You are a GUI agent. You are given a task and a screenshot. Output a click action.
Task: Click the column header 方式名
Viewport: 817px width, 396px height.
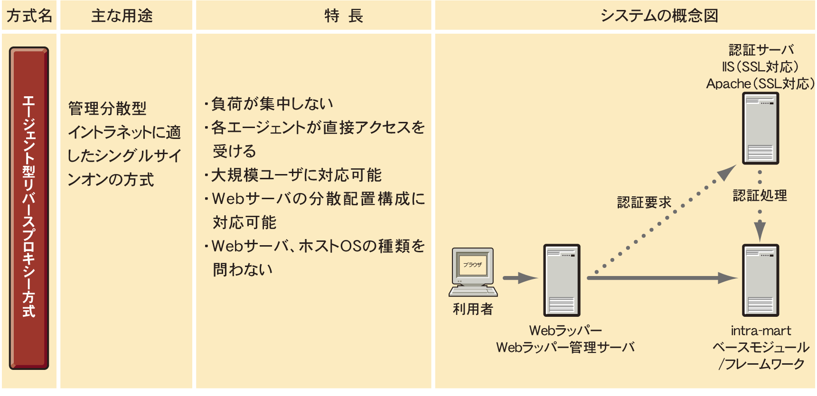(x=29, y=16)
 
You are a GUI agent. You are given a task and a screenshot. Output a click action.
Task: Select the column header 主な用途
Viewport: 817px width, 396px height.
(x=122, y=16)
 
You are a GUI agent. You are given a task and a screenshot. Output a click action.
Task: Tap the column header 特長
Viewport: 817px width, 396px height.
(x=344, y=16)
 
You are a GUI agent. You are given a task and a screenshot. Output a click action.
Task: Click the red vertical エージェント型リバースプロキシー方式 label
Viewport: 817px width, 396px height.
(x=29, y=208)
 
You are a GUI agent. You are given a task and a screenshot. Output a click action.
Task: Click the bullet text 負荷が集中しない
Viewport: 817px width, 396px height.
(x=272, y=104)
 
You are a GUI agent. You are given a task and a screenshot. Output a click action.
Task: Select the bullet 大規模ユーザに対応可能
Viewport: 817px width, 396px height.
(x=296, y=175)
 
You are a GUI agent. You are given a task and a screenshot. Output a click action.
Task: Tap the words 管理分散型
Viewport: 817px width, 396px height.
(x=107, y=109)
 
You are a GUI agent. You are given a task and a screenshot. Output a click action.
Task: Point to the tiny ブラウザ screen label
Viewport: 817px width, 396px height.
(x=473, y=265)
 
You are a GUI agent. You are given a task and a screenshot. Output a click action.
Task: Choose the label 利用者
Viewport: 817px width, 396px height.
(x=473, y=309)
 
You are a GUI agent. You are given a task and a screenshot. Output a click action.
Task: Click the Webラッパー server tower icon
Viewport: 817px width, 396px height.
(x=562, y=280)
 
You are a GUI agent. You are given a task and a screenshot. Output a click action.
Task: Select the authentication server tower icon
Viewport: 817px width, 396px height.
(x=761, y=128)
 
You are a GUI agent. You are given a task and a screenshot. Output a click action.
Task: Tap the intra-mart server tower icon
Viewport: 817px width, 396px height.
(x=761, y=280)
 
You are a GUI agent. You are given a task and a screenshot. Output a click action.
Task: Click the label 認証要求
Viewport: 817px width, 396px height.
(x=644, y=203)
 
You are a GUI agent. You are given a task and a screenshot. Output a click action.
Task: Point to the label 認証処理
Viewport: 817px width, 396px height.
(x=760, y=195)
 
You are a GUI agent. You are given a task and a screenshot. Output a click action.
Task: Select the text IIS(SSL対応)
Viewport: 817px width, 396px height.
(x=761, y=67)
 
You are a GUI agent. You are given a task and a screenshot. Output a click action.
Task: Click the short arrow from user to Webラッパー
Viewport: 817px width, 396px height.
(x=520, y=278)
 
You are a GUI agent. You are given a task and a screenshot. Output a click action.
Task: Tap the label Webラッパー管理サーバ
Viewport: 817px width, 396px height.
(x=565, y=348)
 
